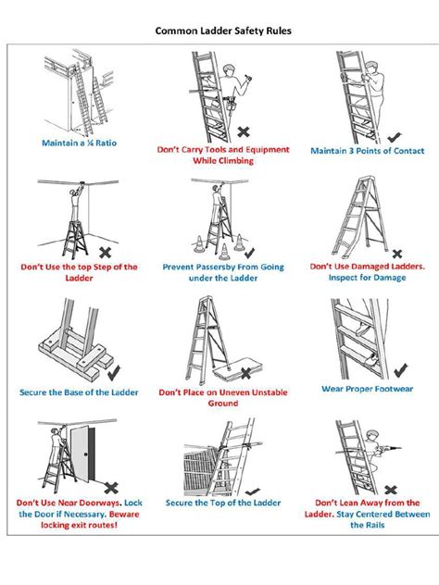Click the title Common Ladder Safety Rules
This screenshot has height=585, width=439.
[x=222, y=31]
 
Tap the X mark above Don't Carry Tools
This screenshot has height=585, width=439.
[x=244, y=131]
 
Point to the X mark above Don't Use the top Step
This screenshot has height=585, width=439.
[x=106, y=251]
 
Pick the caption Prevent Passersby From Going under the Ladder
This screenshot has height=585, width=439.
[x=223, y=272]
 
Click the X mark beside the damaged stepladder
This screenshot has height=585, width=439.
[x=397, y=252]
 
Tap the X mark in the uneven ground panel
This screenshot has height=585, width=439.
[x=246, y=374]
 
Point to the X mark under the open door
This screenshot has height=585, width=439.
[x=110, y=487]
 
